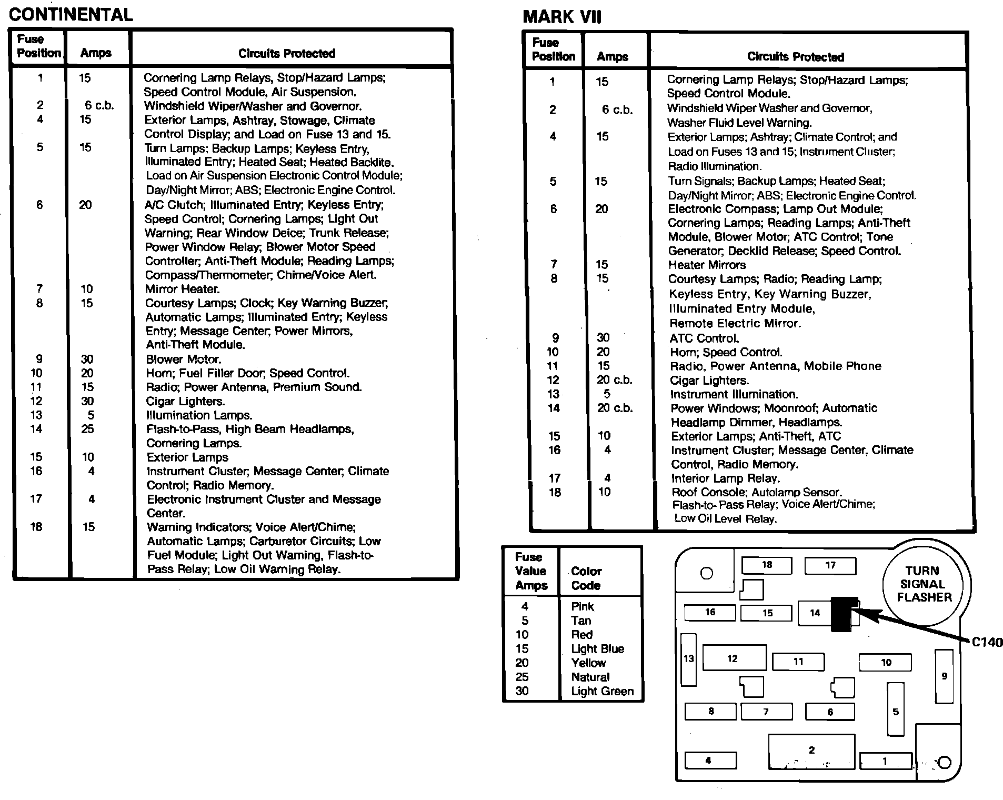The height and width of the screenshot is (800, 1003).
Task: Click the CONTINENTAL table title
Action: click(x=71, y=14)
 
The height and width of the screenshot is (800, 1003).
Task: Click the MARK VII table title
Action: click(x=561, y=17)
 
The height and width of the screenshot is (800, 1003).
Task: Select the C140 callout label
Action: click(x=987, y=642)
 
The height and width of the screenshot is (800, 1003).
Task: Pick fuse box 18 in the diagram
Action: click(x=766, y=565)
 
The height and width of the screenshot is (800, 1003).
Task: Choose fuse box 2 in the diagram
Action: click(x=811, y=751)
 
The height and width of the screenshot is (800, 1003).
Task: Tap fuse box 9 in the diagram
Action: click(x=944, y=676)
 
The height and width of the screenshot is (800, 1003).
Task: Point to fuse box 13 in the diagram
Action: click(x=688, y=659)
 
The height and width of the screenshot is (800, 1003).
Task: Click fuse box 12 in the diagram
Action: click(x=734, y=658)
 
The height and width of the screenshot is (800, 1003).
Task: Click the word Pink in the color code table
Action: click(x=582, y=606)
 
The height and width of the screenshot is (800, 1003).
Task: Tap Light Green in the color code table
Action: click(x=602, y=691)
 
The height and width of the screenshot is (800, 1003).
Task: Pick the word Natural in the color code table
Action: click(x=590, y=677)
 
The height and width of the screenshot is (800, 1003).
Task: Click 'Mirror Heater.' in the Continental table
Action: click(x=182, y=289)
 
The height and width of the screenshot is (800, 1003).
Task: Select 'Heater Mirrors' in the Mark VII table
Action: click(x=707, y=265)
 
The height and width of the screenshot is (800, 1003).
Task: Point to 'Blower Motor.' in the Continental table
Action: click(x=183, y=359)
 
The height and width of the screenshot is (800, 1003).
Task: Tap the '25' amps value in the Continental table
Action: click(x=87, y=429)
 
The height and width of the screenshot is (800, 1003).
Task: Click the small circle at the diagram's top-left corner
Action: click(x=707, y=573)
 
